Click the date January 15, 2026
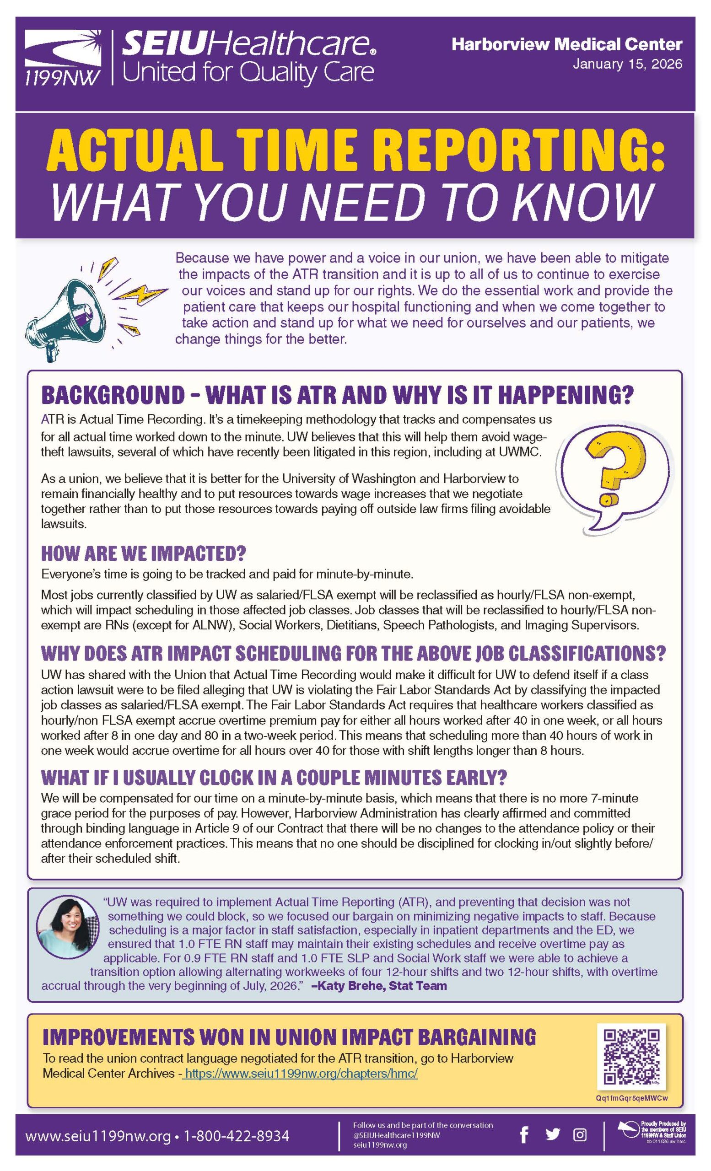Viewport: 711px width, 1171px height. point(627,64)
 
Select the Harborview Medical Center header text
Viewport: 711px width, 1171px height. point(566,45)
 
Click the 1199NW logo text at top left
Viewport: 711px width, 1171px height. point(62,76)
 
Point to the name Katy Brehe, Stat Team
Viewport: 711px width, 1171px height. point(379,985)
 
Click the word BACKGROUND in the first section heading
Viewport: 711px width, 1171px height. point(113,394)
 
